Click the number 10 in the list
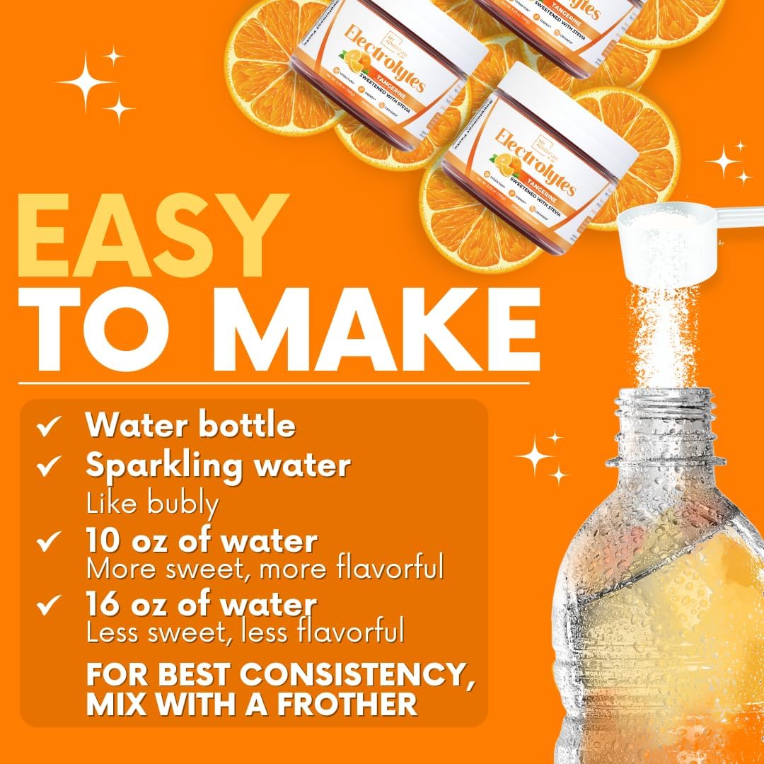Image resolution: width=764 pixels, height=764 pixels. point(101,542)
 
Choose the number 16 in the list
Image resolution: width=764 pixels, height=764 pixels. point(101,606)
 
